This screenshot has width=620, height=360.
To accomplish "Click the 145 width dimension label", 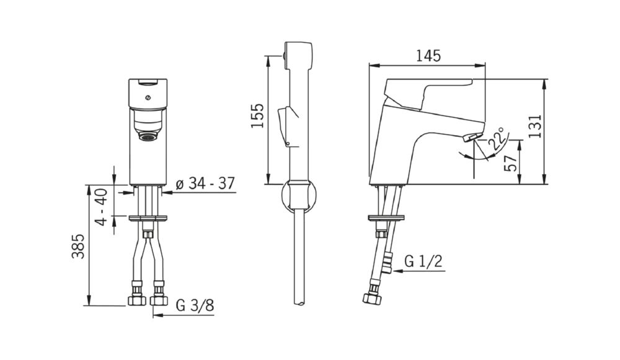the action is click(428, 56).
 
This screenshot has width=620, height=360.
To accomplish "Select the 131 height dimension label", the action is click(534, 126).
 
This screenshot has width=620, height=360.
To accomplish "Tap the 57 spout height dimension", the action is click(510, 162).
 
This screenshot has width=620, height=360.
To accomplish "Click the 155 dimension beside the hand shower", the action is click(258, 115).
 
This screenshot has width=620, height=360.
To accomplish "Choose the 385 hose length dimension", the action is click(78, 246).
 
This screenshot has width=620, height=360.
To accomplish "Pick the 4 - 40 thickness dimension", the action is click(102, 207).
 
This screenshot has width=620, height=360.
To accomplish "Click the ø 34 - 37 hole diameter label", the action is click(205, 183).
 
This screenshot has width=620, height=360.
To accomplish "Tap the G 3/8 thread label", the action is click(195, 305).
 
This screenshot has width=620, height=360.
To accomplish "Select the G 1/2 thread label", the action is click(423, 261).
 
